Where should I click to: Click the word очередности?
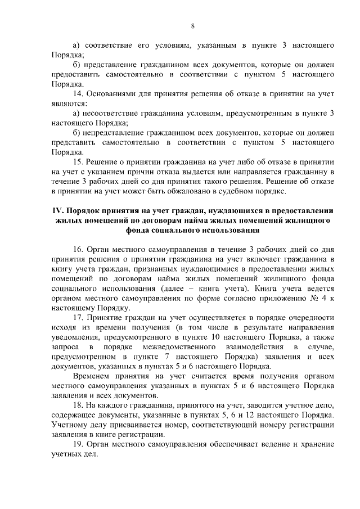pyautogui.click(x=311, y=317)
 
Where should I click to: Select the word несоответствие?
pyautogui.click(x=112, y=113)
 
